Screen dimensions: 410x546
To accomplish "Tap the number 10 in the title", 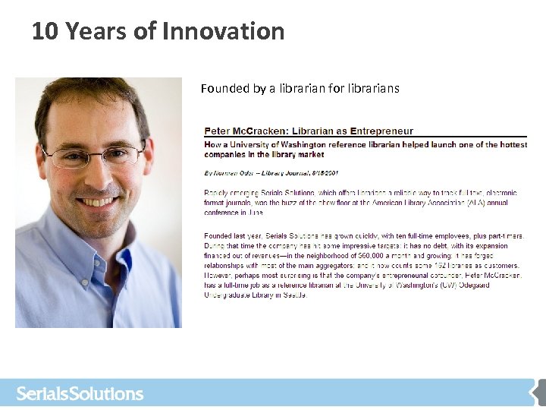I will [x=45, y=31].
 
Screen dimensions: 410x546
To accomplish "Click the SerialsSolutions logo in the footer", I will [x=80, y=394].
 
